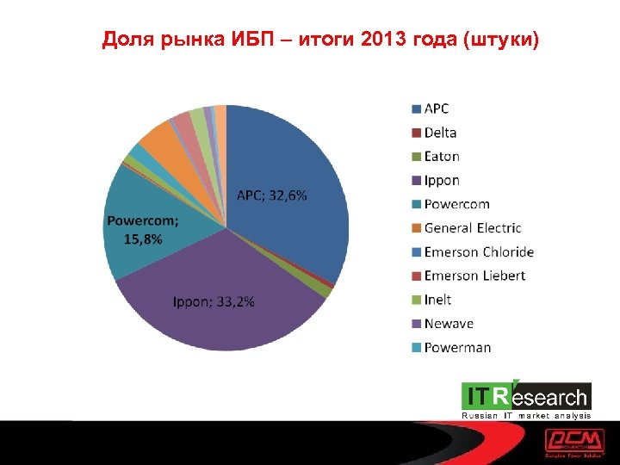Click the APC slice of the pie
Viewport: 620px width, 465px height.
(x=293, y=232)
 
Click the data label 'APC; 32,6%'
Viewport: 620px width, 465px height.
(x=272, y=195)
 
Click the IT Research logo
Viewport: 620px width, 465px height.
(x=526, y=399)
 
